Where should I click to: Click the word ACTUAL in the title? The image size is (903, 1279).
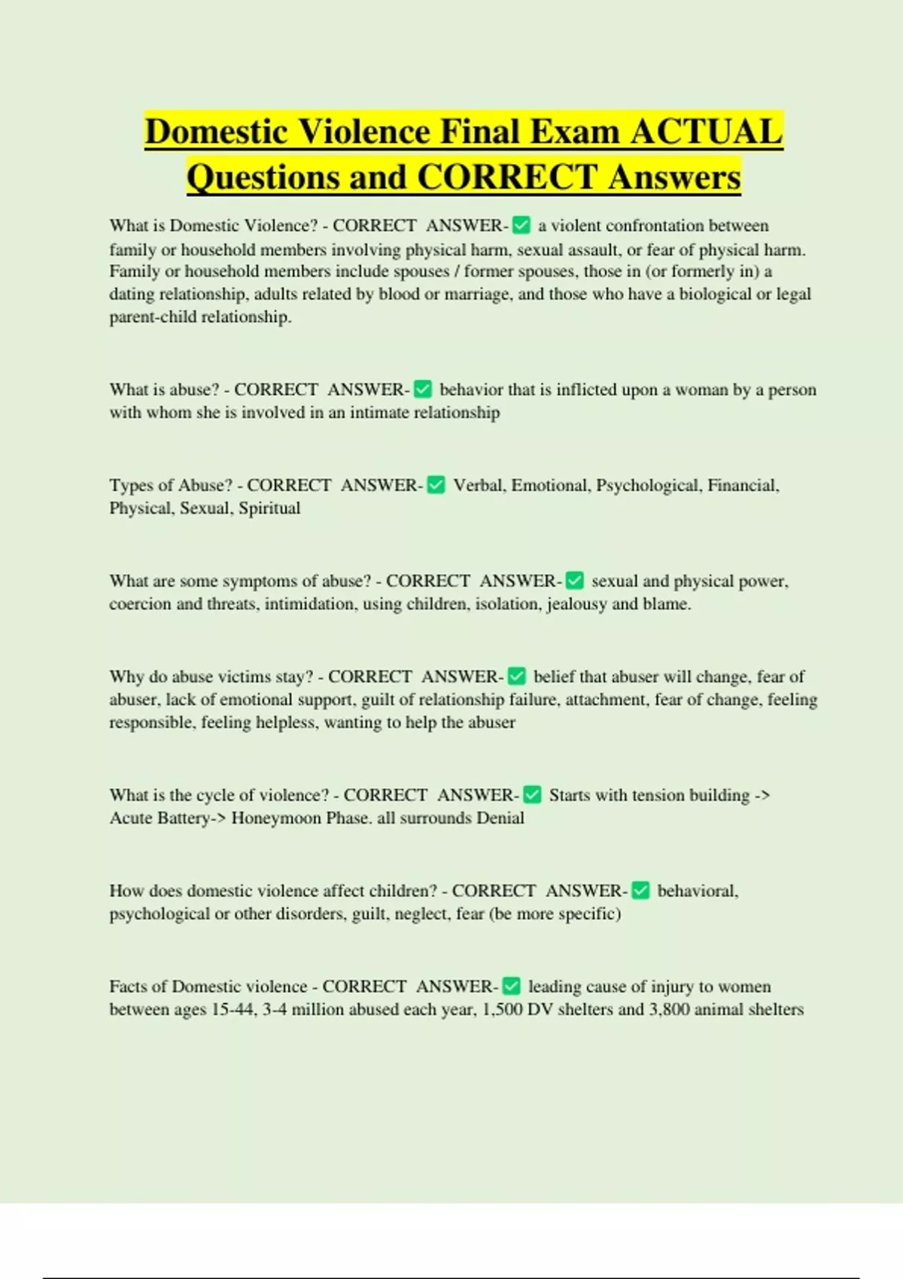coord(707,132)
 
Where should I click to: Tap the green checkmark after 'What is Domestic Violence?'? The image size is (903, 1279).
coord(521,225)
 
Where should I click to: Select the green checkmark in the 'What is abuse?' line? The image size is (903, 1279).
coord(423,389)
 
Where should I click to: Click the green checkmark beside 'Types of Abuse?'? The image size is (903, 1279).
coord(436,485)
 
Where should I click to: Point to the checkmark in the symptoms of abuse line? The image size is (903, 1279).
coord(574,581)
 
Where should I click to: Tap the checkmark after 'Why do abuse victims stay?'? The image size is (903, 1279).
coord(516,676)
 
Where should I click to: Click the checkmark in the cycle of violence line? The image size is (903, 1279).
coord(532,794)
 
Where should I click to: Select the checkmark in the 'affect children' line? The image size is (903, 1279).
coord(640,891)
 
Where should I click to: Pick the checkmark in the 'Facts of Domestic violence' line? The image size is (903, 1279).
coord(511,986)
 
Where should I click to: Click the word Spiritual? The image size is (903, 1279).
coord(269,509)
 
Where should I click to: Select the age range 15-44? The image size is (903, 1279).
coord(233,1010)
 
